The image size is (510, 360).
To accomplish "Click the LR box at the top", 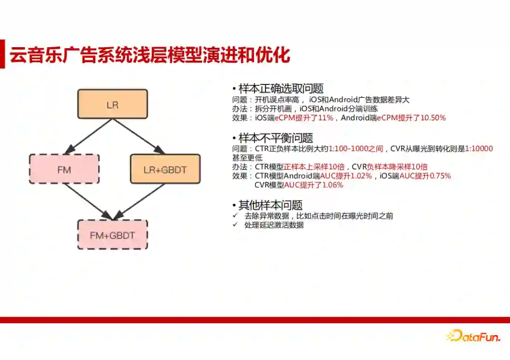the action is point(112,104).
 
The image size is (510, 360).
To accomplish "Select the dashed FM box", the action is point(64,169).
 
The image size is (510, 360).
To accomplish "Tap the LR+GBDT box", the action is point(165,169).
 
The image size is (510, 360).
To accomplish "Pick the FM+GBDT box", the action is point(112,234).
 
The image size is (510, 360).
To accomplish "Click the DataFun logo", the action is point(473,335).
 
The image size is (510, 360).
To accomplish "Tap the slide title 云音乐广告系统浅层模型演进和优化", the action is point(150,54).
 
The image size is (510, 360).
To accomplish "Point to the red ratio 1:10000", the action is point(479,149).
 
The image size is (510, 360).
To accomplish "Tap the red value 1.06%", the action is point(332,185).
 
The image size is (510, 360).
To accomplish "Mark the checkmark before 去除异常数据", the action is point(235,216).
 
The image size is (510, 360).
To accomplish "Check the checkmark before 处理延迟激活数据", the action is point(235,225).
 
